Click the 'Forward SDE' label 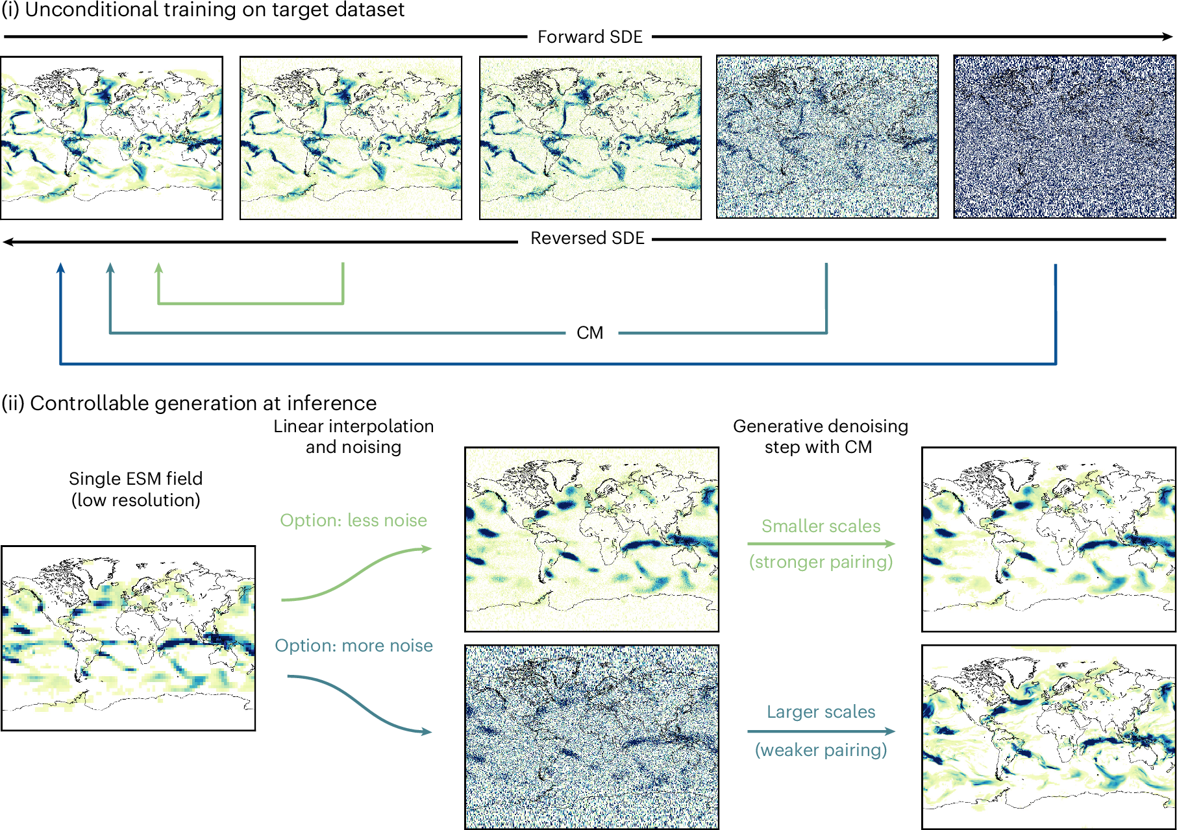pos(589,37)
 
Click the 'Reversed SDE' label pos(587,238)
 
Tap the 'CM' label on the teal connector pos(589,333)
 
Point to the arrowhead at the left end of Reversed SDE pos(8,242)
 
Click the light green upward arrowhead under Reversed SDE pos(158,268)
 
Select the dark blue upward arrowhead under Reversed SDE pos(60,268)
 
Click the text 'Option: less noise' pos(353,520)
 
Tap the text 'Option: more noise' pos(353,646)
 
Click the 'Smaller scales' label pos(821,526)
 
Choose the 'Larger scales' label pos(821,712)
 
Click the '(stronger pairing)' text pos(821,561)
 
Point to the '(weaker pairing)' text pos(821,750)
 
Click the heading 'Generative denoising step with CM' pos(820,436)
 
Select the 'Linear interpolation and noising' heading pos(353,436)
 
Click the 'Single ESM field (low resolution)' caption pos(136,489)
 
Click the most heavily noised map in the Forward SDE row pos(1064,137)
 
